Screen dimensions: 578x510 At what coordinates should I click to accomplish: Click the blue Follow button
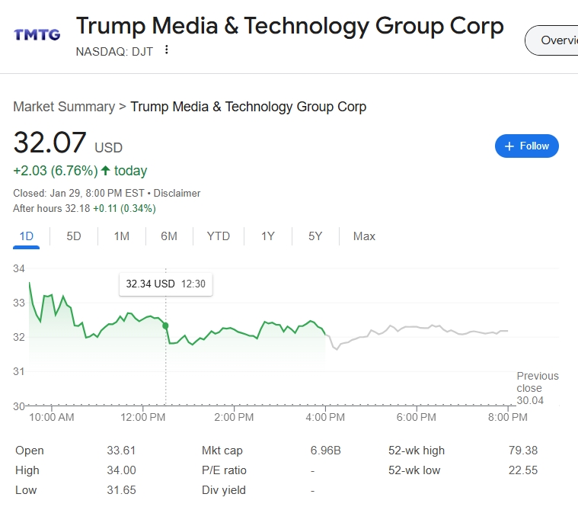527,146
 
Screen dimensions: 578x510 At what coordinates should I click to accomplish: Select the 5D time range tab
74,236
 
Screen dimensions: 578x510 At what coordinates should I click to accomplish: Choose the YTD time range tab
219,236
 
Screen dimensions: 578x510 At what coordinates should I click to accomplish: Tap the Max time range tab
364,236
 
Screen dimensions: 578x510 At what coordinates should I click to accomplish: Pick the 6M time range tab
169,236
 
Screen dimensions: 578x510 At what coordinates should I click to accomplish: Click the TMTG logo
37,35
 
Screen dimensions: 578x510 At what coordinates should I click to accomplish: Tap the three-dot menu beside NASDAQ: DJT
167,50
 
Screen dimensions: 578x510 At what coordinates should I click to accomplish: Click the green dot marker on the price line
165,326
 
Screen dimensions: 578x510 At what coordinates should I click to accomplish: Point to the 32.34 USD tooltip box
166,284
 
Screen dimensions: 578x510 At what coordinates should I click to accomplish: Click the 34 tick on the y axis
19,268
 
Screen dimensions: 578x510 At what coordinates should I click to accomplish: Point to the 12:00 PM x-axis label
142,417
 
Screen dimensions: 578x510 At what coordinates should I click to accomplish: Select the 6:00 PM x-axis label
416,417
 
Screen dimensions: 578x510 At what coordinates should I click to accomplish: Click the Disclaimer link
177,194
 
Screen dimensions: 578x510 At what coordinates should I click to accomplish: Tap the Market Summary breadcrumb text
64,107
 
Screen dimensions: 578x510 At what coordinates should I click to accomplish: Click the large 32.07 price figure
49,143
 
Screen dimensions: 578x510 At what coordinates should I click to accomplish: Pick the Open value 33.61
121,451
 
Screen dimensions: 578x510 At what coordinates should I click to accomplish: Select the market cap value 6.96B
325,451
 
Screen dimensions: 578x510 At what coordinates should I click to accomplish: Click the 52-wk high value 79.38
523,451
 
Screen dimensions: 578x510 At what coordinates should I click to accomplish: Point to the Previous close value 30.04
530,400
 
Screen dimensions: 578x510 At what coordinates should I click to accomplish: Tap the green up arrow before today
105,171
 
